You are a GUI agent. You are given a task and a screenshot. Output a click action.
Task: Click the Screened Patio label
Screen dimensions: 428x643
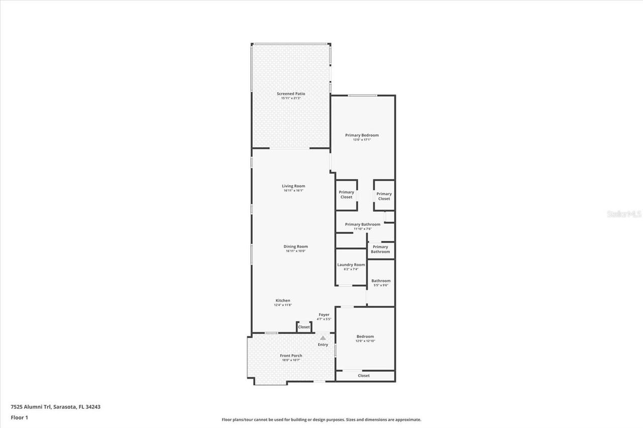click(x=291, y=94)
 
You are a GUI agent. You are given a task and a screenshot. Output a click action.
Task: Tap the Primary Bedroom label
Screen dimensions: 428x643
click(x=362, y=135)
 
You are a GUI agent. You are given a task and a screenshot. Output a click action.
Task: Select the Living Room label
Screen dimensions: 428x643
click(x=293, y=186)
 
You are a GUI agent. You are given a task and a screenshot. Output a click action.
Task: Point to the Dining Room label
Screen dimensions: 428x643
click(x=295, y=246)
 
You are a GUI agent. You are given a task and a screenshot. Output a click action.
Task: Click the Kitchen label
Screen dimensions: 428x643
click(x=283, y=301)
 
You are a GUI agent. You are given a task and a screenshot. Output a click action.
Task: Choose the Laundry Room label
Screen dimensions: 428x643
click(x=351, y=264)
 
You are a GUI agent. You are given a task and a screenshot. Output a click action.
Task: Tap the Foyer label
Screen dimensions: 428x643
click(x=324, y=315)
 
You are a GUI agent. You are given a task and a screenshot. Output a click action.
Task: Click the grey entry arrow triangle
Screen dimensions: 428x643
click(x=323, y=338)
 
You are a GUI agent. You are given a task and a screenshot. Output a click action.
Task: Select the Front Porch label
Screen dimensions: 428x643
click(x=291, y=356)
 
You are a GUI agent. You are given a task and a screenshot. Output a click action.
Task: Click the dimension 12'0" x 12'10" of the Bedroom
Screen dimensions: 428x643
click(x=365, y=341)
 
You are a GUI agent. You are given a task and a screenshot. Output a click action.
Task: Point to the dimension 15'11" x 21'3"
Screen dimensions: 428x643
click(x=291, y=98)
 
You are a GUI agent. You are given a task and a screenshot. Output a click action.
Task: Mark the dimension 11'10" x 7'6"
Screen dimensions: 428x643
click(x=362, y=229)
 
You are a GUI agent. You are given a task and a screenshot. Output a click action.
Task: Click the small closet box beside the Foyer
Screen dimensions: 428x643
click(x=304, y=327)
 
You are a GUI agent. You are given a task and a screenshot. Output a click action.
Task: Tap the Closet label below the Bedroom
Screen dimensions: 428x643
click(x=364, y=375)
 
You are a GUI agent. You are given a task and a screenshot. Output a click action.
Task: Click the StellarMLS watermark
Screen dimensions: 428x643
click(x=624, y=214)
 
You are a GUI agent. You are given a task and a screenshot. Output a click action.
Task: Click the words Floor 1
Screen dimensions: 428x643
click(x=19, y=417)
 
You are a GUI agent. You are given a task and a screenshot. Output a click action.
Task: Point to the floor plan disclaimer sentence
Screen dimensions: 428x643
click(x=321, y=419)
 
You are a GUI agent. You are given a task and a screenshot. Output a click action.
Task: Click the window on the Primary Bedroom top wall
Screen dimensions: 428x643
click(x=363, y=95)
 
